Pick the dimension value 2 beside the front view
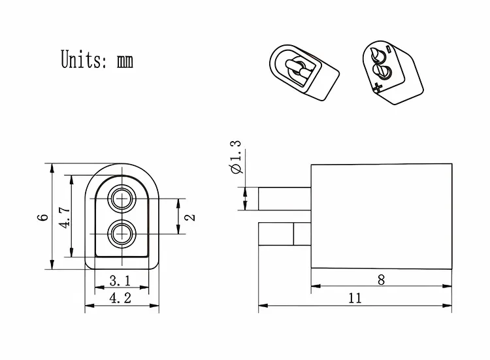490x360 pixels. point(190,216)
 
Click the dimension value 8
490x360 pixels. point(382,280)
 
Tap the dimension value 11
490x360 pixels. point(355,298)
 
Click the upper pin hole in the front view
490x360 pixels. point(122,198)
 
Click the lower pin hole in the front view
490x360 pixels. point(122,233)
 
